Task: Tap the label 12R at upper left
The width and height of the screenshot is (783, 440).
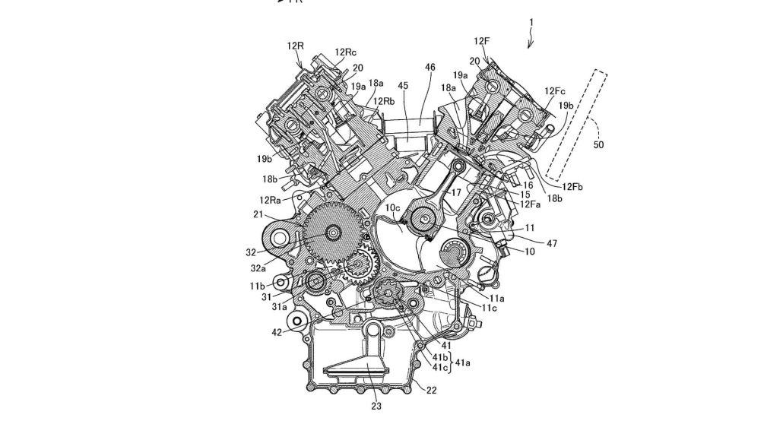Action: [x=296, y=46]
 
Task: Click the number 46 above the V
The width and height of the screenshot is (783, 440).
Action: [x=430, y=68]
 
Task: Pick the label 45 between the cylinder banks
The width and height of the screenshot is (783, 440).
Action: [x=403, y=86]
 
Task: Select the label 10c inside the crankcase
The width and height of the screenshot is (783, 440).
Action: [x=392, y=207]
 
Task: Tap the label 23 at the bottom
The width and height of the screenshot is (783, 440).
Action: [x=376, y=406]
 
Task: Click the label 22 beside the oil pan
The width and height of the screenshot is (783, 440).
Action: [x=431, y=390]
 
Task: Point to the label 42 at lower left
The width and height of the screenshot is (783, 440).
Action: [x=279, y=331]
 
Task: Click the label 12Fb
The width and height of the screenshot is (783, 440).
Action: [x=573, y=185]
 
